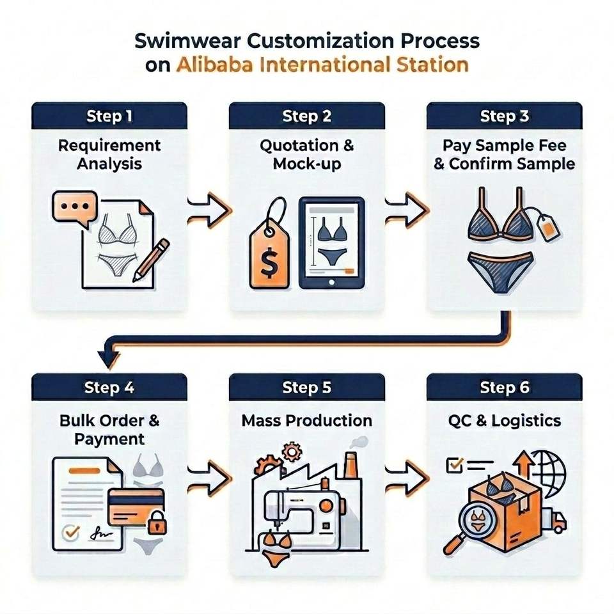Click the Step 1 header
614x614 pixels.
click(x=109, y=116)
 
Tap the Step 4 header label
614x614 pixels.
click(x=109, y=388)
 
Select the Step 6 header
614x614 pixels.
click(x=505, y=388)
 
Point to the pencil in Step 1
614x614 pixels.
click(x=151, y=260)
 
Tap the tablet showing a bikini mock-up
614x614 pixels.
click(x=332, y=243)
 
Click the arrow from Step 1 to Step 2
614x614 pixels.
click(x=208, y=210)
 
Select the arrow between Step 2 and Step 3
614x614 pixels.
click(x=405, y=210)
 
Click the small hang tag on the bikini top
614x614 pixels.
click(x=547, y=227)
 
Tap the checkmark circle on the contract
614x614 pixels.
click(x=71, y=533)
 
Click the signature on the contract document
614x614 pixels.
click(x=100, y=533)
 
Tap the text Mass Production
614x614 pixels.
click(x=306, y=421)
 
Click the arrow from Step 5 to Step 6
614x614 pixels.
click(x=405, y=478)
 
